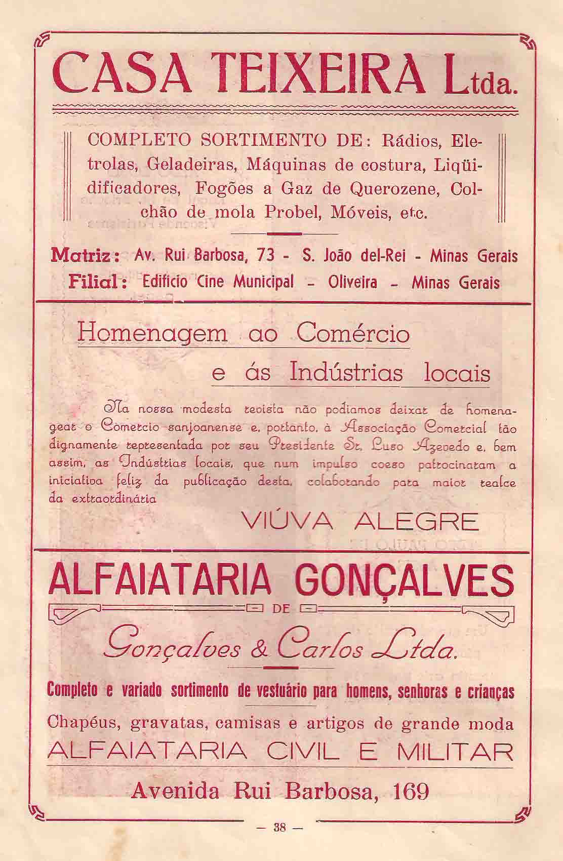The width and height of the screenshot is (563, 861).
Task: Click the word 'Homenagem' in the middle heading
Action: (x=151, y=335)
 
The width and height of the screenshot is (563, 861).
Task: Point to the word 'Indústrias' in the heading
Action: (x=347, y=373)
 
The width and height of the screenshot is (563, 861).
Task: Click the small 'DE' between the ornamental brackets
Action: (x=280, y=609)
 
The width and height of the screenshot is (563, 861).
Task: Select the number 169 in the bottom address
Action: (x=409, y=791)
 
